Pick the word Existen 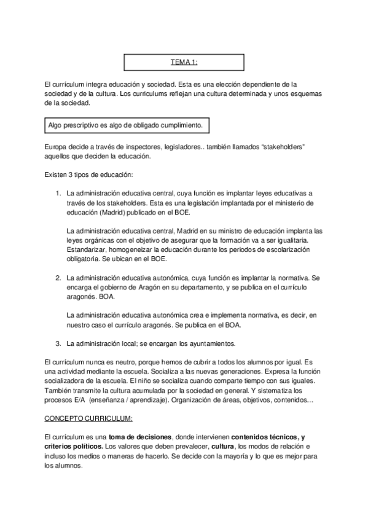[58, 175]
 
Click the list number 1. [58, 192]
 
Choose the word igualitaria [296, 241]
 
